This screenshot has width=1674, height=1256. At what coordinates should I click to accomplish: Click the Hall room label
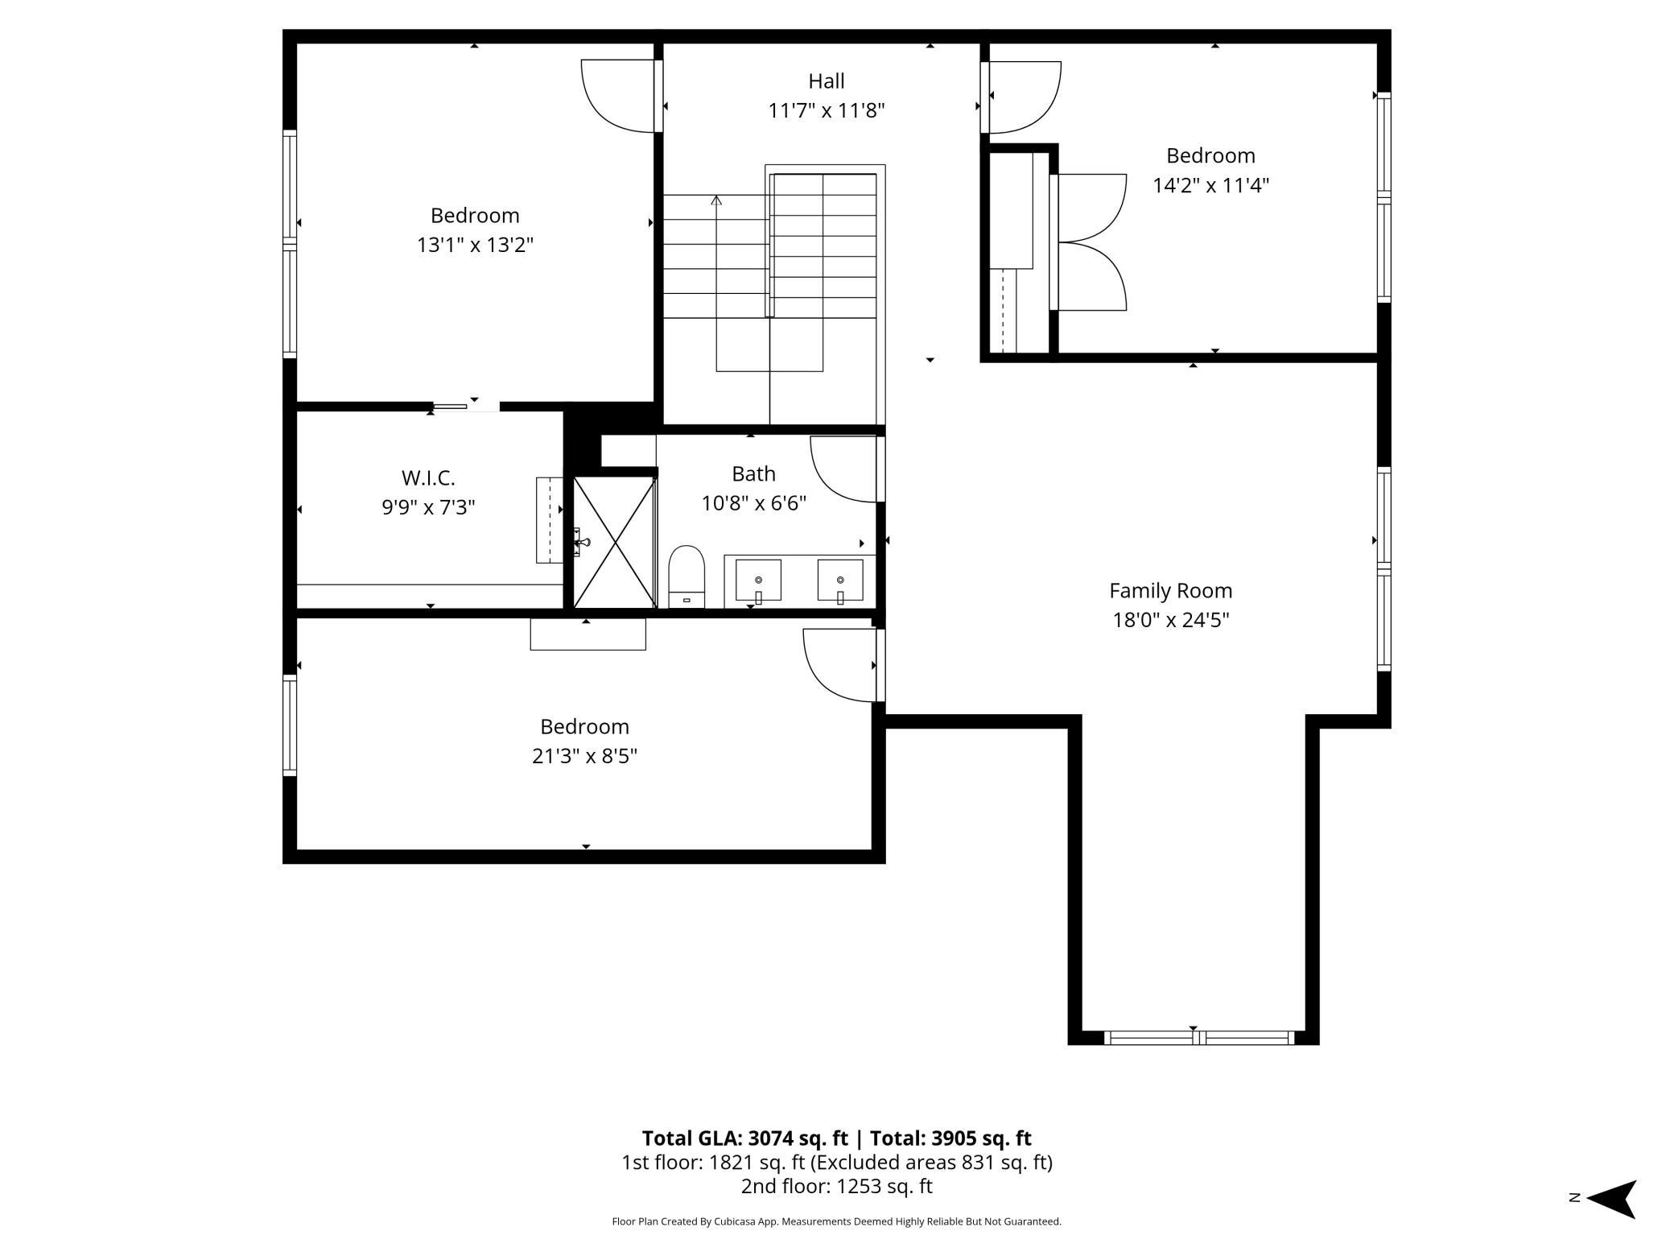[827, 81]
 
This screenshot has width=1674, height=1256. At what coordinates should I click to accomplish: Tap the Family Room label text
[1170, 591]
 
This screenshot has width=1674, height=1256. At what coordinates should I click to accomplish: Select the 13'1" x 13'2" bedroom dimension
[475, 245]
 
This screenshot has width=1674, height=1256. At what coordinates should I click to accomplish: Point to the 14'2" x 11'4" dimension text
[1210, 185]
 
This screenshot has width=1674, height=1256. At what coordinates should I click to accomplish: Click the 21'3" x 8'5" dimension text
[584, 756]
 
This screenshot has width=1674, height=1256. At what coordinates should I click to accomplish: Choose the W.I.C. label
[428, 478]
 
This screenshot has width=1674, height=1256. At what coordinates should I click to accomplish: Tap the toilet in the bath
[687, 575]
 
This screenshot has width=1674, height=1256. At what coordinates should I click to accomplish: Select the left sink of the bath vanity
[758, 580]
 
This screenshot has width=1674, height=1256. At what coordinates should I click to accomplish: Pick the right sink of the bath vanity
[840, 580]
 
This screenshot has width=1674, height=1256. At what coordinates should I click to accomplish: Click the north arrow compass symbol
[1610, 1199]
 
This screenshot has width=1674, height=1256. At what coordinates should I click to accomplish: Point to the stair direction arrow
[716, 200]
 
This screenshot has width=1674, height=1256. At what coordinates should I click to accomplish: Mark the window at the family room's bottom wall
[1198, 1039]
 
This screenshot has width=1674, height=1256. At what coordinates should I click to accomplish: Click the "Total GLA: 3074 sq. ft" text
[744, 1138]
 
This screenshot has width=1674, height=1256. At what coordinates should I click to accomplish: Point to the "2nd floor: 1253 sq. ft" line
[836, 1186]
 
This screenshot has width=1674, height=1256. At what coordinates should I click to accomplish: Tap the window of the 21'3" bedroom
[290, 725]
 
